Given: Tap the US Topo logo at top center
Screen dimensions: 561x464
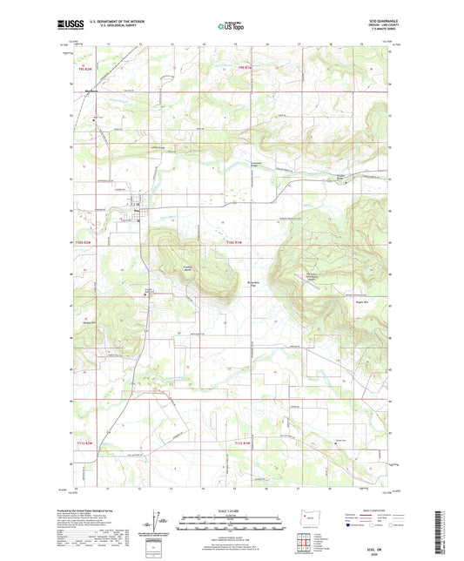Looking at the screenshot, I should click(x=232, y=27).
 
